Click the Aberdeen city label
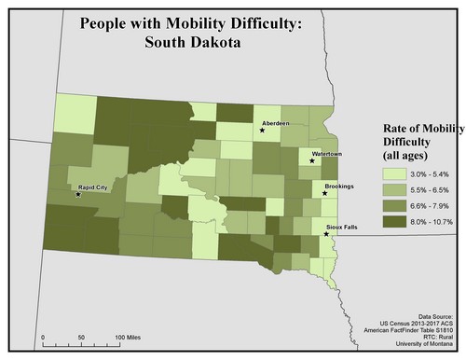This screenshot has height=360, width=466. [276, 122]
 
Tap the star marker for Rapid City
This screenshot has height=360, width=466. [77, 195]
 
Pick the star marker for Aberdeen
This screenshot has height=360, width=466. [263, 131]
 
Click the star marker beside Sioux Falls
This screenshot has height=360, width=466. [325, 233]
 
